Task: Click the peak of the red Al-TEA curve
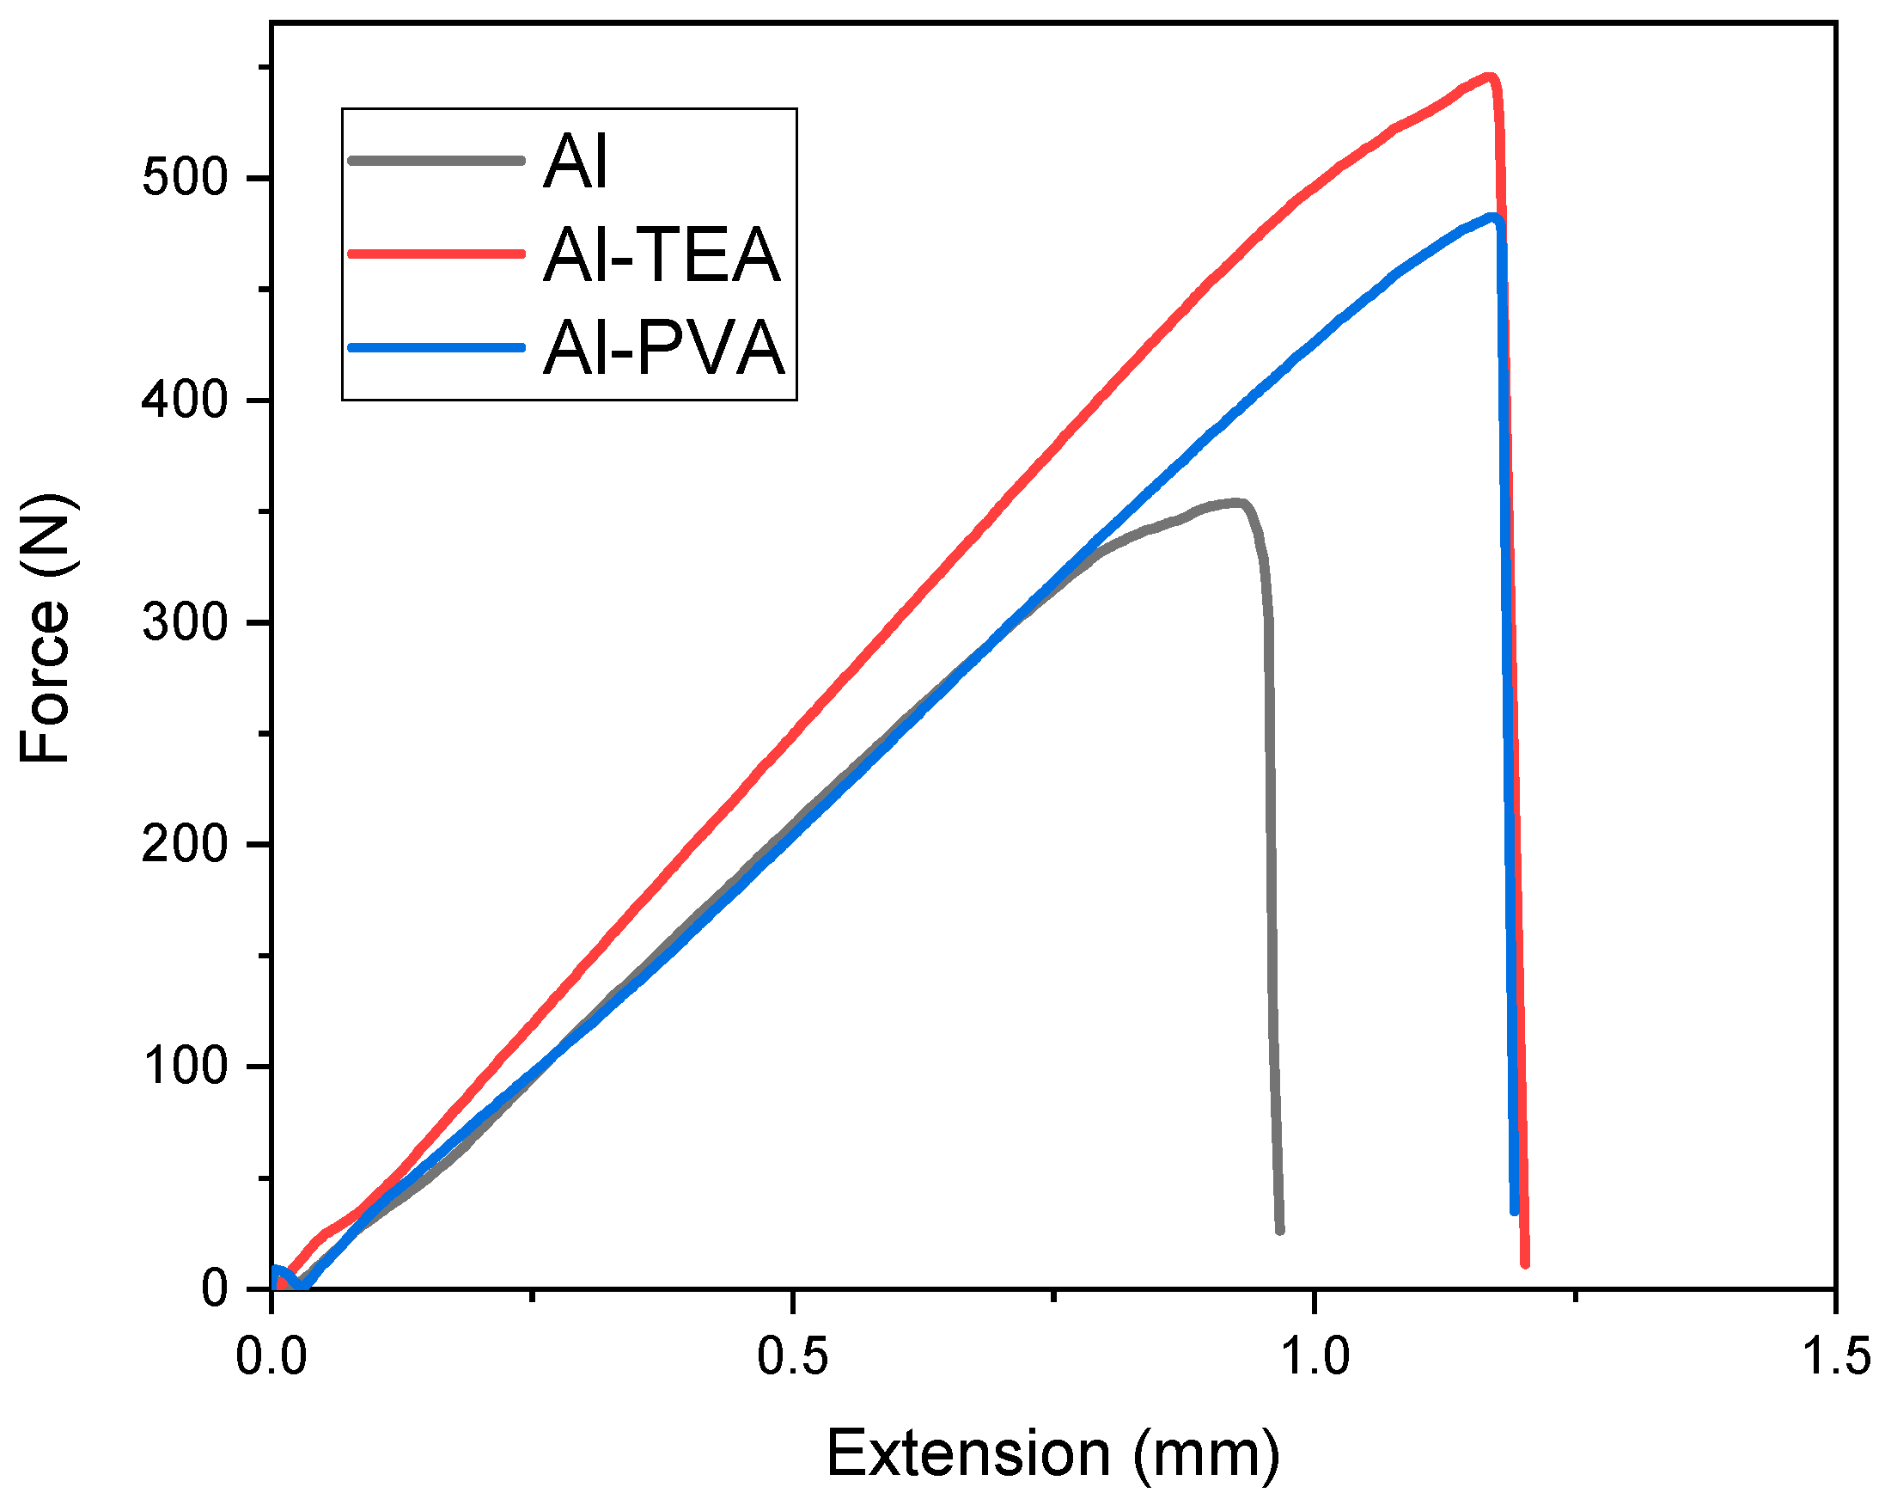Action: (x=1489, y=77)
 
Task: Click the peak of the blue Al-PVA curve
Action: (x=1494, y=217)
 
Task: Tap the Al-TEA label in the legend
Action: (x=661, y=254)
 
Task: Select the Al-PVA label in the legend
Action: (x=663, y=349)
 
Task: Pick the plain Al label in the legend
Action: (x=575, y=162)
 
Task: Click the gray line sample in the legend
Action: (x=436, y=161)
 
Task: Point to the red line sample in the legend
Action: (x=436, y=254)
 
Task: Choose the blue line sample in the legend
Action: (x=436, y=347)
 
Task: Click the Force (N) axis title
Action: (x=46, y=628)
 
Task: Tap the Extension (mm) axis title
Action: (x=1052, y=1454)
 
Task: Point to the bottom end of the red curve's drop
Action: (x=1525, y=1263)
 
